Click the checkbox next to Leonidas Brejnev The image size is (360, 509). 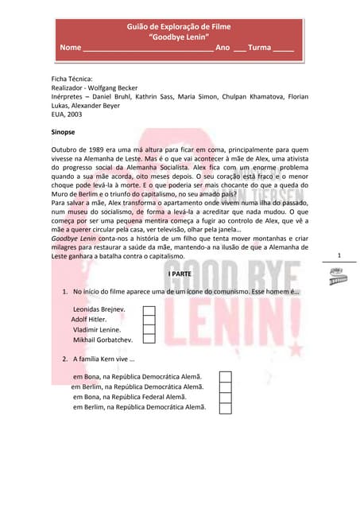(148, 311)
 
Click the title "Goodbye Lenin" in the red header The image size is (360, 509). (179, 37)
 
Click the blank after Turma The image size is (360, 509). (284, 49)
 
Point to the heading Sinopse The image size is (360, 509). (63, 131)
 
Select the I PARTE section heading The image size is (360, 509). (179, 274)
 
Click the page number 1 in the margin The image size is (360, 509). (339, 254)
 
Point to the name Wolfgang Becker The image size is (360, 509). (110, 87)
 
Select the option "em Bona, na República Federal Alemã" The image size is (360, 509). (130, 397)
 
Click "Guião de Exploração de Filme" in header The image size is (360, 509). (179, 27)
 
